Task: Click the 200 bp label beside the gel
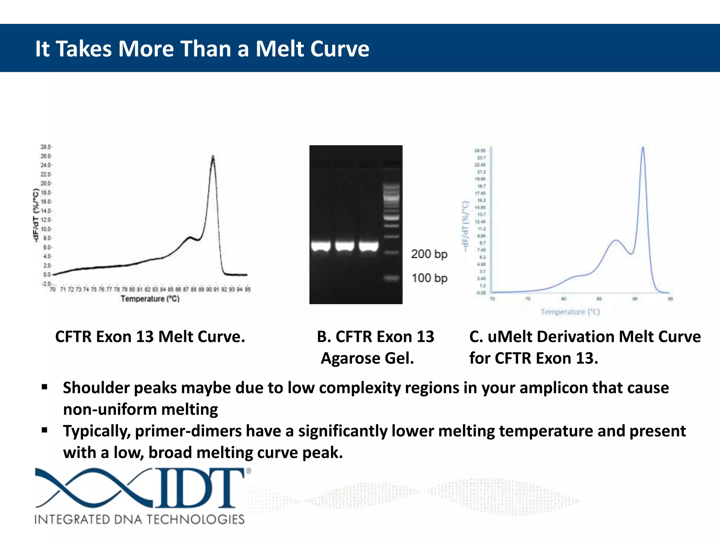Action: pos(429,254)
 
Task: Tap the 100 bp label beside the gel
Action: pos(429,278)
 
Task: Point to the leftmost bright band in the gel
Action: pos(321,246)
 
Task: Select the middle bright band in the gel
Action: pos(344,246)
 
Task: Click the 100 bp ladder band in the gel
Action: pos(391,278)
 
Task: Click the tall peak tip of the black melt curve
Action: pos(213,156)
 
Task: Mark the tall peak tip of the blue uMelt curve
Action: pos(643,147)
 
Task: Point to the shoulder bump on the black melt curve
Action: pos(190,238)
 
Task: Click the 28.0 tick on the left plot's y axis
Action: pos(46,147)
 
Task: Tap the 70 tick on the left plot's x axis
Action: pos(53,289)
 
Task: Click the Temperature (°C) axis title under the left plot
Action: pos(150,299)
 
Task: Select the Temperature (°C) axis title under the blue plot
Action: pos(570,312)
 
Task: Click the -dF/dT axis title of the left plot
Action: pos(36,215)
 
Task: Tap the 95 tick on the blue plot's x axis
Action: pos(670,299)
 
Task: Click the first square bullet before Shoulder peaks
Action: pos(44,387)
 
